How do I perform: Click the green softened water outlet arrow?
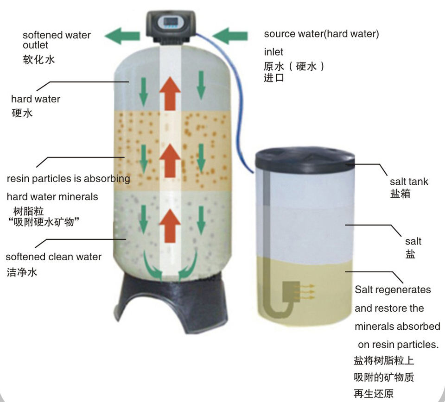click(x=121, y=36)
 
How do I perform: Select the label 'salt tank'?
click(x=409, y=182)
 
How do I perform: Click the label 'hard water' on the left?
click(x=36, y=99)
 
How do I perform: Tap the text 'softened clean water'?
click(x=53, y=257)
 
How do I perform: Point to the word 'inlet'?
click(x=273, y=52)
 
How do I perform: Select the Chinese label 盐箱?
click(x=400, y=194)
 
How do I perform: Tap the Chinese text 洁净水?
click(x=22, y=272)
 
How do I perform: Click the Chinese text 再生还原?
click(x=374, y=394)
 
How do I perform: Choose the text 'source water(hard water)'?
click(x=321, y=34)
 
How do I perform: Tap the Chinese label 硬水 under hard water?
click(x=22, y=113)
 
